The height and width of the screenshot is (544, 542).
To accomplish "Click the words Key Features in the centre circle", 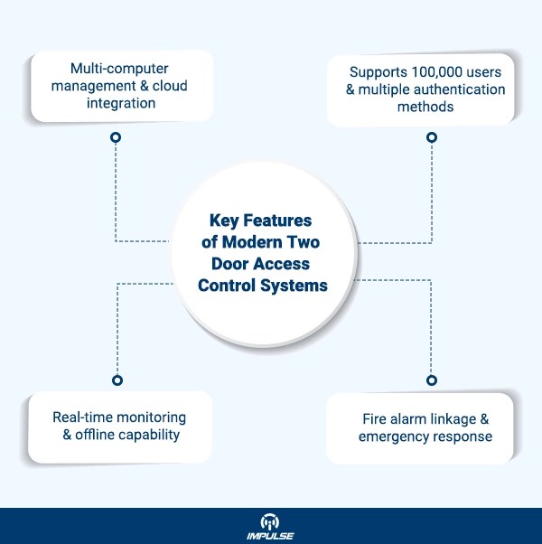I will point(260,220).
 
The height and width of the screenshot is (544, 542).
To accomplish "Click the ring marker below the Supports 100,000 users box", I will point(432,137).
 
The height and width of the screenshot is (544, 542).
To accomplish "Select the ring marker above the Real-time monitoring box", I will point(116,380).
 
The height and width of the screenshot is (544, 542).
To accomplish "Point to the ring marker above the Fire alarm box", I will point(432,380).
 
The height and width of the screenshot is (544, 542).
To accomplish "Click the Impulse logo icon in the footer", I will point(271,521).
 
